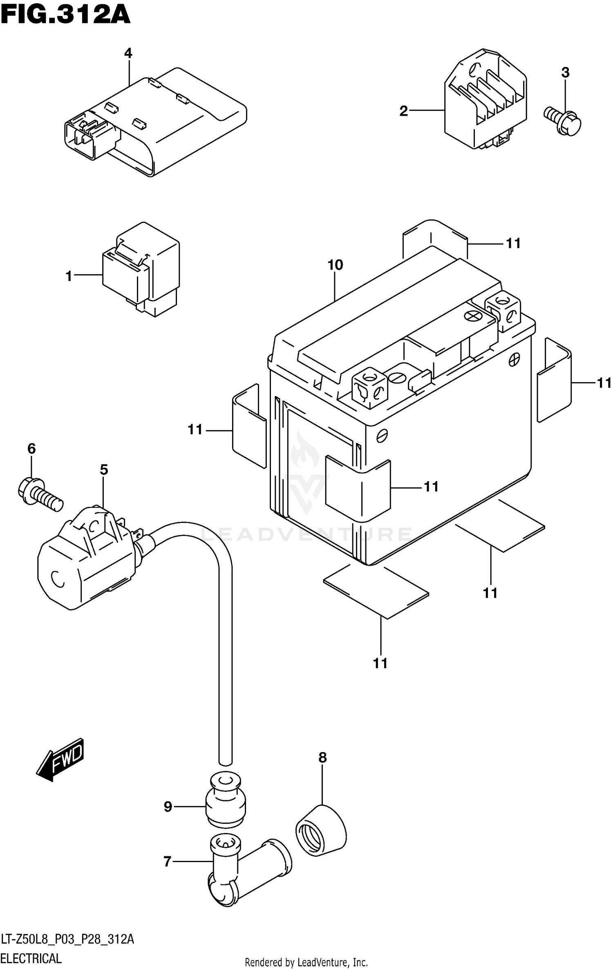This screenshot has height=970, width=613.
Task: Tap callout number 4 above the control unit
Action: pyautogui.click(x=128, y=53)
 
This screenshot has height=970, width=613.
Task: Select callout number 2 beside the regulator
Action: pyautogui.click(x=404, y=111)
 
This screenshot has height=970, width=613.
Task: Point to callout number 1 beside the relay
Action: pyautogui.click(x=69, y=277)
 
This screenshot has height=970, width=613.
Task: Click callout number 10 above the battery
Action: pyautogui.click(x=335, y=265)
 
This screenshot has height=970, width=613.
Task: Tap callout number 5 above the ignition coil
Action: pyautogui.click(x=104, y=470)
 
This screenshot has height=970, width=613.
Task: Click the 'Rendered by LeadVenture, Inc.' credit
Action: pyautogui.click(x=306, y=963)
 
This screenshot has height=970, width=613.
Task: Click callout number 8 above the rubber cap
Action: pyautogui.click(x=322, y=758)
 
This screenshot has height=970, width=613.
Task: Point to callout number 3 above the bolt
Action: pyautogui.click(x=565, y=73)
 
